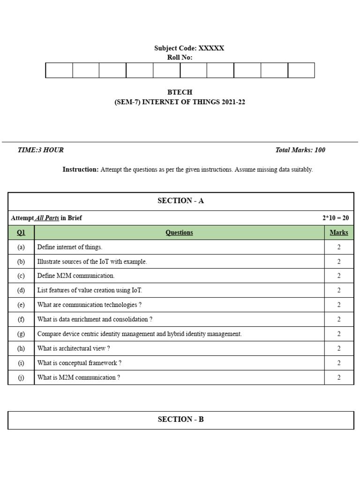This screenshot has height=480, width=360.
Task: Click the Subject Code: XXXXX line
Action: tap(189, 48)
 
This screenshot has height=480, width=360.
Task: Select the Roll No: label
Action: tap(180, 58)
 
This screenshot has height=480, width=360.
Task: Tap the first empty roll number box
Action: tap(59, 70)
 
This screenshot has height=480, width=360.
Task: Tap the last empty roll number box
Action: tap(301, 70)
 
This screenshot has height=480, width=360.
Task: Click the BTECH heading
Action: tap(180, 92)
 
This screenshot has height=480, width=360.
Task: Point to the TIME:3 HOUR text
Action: tap(40, 150)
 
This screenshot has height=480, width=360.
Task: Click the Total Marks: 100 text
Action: tap(300, 150)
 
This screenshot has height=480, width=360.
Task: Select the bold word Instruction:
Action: tap(81, 170)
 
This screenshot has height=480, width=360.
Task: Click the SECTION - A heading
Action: tap(180, 201)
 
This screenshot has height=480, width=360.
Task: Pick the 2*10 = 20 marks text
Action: tap(335, 218)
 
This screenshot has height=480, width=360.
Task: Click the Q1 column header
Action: tap(21, 232)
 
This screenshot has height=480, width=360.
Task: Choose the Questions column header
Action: tap(179, 232)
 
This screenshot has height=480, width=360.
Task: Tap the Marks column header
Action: tap(339, 232)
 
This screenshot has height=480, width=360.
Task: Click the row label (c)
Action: tap(21, 276)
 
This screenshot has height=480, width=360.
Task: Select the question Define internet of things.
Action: tap(70, 247)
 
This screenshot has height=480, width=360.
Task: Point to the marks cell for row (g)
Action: tap(339, 334)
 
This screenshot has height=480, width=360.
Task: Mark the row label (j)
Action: tap(21, 377)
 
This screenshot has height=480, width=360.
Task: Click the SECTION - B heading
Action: tap(180, 420)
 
